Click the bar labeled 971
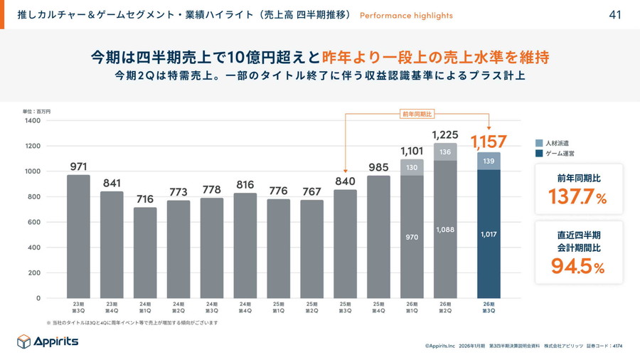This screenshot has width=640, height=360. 78,236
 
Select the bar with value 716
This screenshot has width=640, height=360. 145,253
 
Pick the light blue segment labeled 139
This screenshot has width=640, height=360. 489,162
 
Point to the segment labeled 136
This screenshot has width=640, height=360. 445,152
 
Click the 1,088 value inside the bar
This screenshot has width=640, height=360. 445,229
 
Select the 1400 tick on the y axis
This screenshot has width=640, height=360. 33,121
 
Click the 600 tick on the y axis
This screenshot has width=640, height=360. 34,222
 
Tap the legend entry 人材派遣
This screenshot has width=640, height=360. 556,143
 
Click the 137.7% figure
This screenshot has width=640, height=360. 577,197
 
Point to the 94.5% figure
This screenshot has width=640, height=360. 577,266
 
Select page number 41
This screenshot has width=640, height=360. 616,15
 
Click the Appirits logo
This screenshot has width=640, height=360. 48,342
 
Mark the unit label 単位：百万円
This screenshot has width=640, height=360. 37,112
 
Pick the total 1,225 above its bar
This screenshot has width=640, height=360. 445,135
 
